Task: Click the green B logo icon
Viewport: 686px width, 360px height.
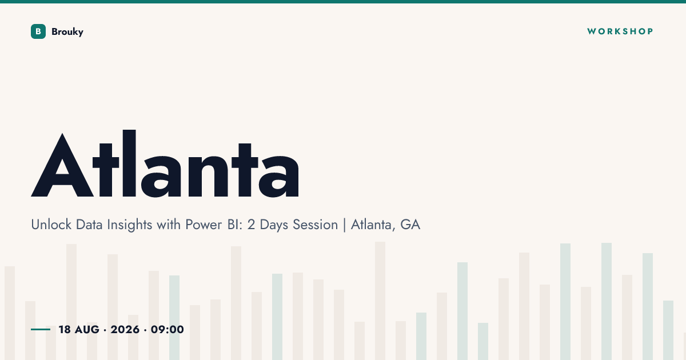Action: click(x=38, y=31)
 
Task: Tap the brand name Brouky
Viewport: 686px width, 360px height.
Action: click(x=67, y=32)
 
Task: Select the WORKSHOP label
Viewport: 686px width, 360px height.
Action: click(x=620, y=31)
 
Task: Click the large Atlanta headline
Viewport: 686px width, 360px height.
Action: click(x=165, y=164)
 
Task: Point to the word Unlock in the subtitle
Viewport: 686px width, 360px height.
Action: click(x=51, y=225)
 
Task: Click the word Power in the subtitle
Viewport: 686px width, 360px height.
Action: click(x=204, y=225)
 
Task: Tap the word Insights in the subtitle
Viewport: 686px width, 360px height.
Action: click(x=129, y=225)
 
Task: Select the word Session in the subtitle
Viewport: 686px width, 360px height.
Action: click(x=315, y=225)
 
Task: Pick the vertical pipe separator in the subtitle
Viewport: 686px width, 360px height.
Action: click(x=345, y=225)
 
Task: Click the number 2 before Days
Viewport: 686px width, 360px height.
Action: click(x=251, y=225)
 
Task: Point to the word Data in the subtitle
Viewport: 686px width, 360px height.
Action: click(x=89, y=225)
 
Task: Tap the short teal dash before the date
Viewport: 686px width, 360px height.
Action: click(x=41, y=329)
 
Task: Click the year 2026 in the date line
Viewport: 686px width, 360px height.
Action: click(x=125, y=330)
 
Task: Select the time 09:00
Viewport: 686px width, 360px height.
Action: click(x=167, y=330)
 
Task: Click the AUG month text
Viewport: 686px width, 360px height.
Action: click(x=87, y=330)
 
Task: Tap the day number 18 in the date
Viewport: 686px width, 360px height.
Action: click(x=65, y=330)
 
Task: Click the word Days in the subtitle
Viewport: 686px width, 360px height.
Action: click(x=274, y=225)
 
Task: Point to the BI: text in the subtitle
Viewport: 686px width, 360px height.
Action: click(x=235, y=225)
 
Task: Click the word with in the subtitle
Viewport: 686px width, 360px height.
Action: click(x=169, y=225)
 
